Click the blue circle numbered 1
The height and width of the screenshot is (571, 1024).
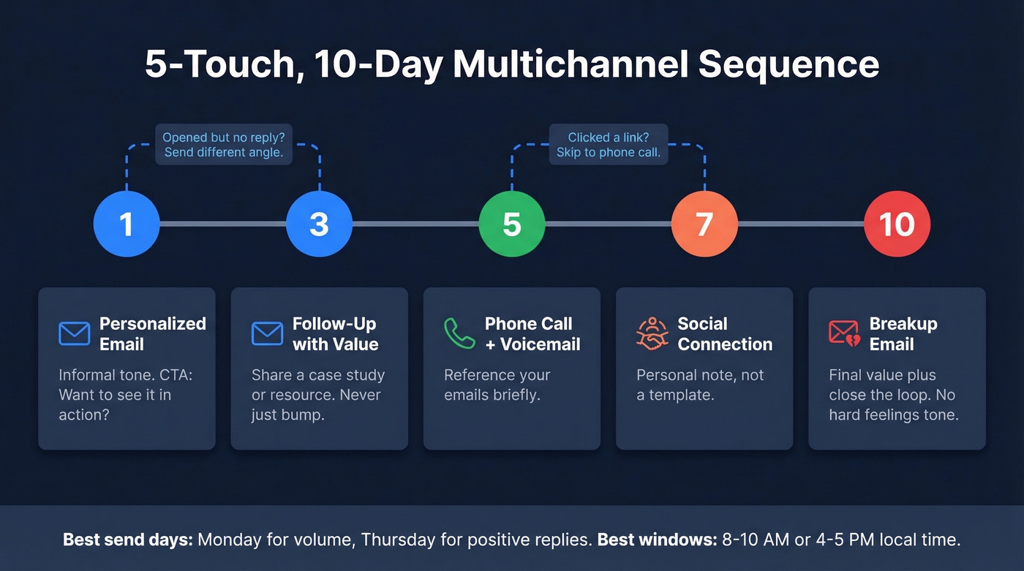tap(127, 224)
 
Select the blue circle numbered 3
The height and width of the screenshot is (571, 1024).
tap(319, 224)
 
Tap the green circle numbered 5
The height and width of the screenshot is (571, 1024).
tap(512, 224)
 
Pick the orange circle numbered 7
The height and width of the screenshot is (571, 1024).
tap(704, 224)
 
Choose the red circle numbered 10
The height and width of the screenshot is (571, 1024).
tap(897, 224)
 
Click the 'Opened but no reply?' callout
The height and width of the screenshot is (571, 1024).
tap(224, 145)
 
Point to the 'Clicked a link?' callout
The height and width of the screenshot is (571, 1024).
tap(609, 145)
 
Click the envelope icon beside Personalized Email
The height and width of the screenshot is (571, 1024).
tap(74, 333)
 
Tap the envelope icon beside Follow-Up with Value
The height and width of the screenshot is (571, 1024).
tap(267, 333)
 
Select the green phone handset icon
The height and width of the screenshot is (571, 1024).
tap(459, 333)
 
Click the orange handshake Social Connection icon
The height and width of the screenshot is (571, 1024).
tap(652, 333)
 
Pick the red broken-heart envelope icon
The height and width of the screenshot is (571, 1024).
tap(844, 333)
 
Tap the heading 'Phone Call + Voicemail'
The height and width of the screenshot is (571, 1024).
tap(532, 333)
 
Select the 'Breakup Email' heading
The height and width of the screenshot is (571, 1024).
tap(903, 333)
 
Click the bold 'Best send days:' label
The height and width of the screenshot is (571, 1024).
tap(128, 540)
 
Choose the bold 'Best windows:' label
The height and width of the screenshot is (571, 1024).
tap(655, 540)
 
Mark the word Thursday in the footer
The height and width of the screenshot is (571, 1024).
tap(396, 540)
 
